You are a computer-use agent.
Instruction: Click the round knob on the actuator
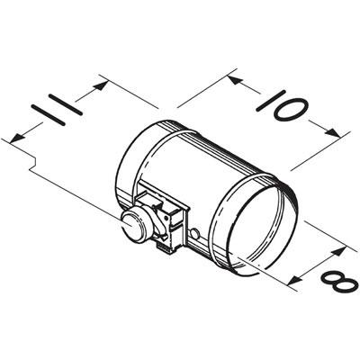click(x=134, y=225)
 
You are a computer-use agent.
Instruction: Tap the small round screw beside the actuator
click(x=194, y=235)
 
